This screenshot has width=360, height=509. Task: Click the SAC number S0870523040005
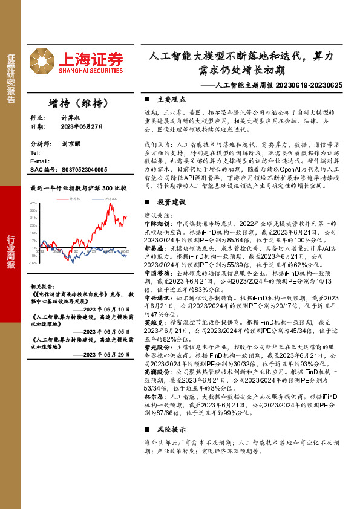coord(84,170)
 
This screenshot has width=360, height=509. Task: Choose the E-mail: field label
coord(40,161)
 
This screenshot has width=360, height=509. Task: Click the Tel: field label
coord(34,153)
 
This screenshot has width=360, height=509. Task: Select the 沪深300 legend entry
coord(110,198)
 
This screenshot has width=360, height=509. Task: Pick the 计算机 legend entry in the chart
coord(75,198)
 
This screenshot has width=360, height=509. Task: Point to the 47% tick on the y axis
coord(34,203)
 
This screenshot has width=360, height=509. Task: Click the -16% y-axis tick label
coord(33,263)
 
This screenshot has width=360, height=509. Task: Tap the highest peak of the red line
coord(110,204)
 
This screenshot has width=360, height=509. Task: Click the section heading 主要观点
coord(168,99)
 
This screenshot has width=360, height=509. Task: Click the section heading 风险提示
coord(168,429)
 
